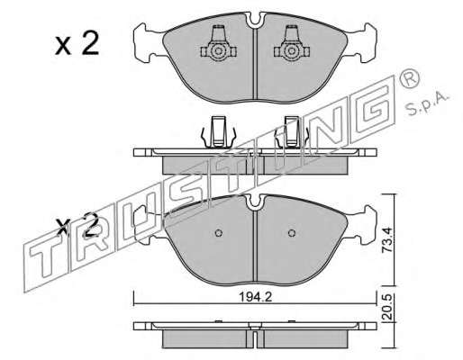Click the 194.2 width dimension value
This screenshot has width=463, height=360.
point(255,297)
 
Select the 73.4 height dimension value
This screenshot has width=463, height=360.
point(387,239)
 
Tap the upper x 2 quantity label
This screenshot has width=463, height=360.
point(77,44)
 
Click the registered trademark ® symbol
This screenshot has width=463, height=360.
point(408,78)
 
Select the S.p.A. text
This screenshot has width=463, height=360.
point(427,103)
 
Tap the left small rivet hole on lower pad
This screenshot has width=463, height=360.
point(219,233)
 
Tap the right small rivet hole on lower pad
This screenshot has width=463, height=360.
point(292,233)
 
